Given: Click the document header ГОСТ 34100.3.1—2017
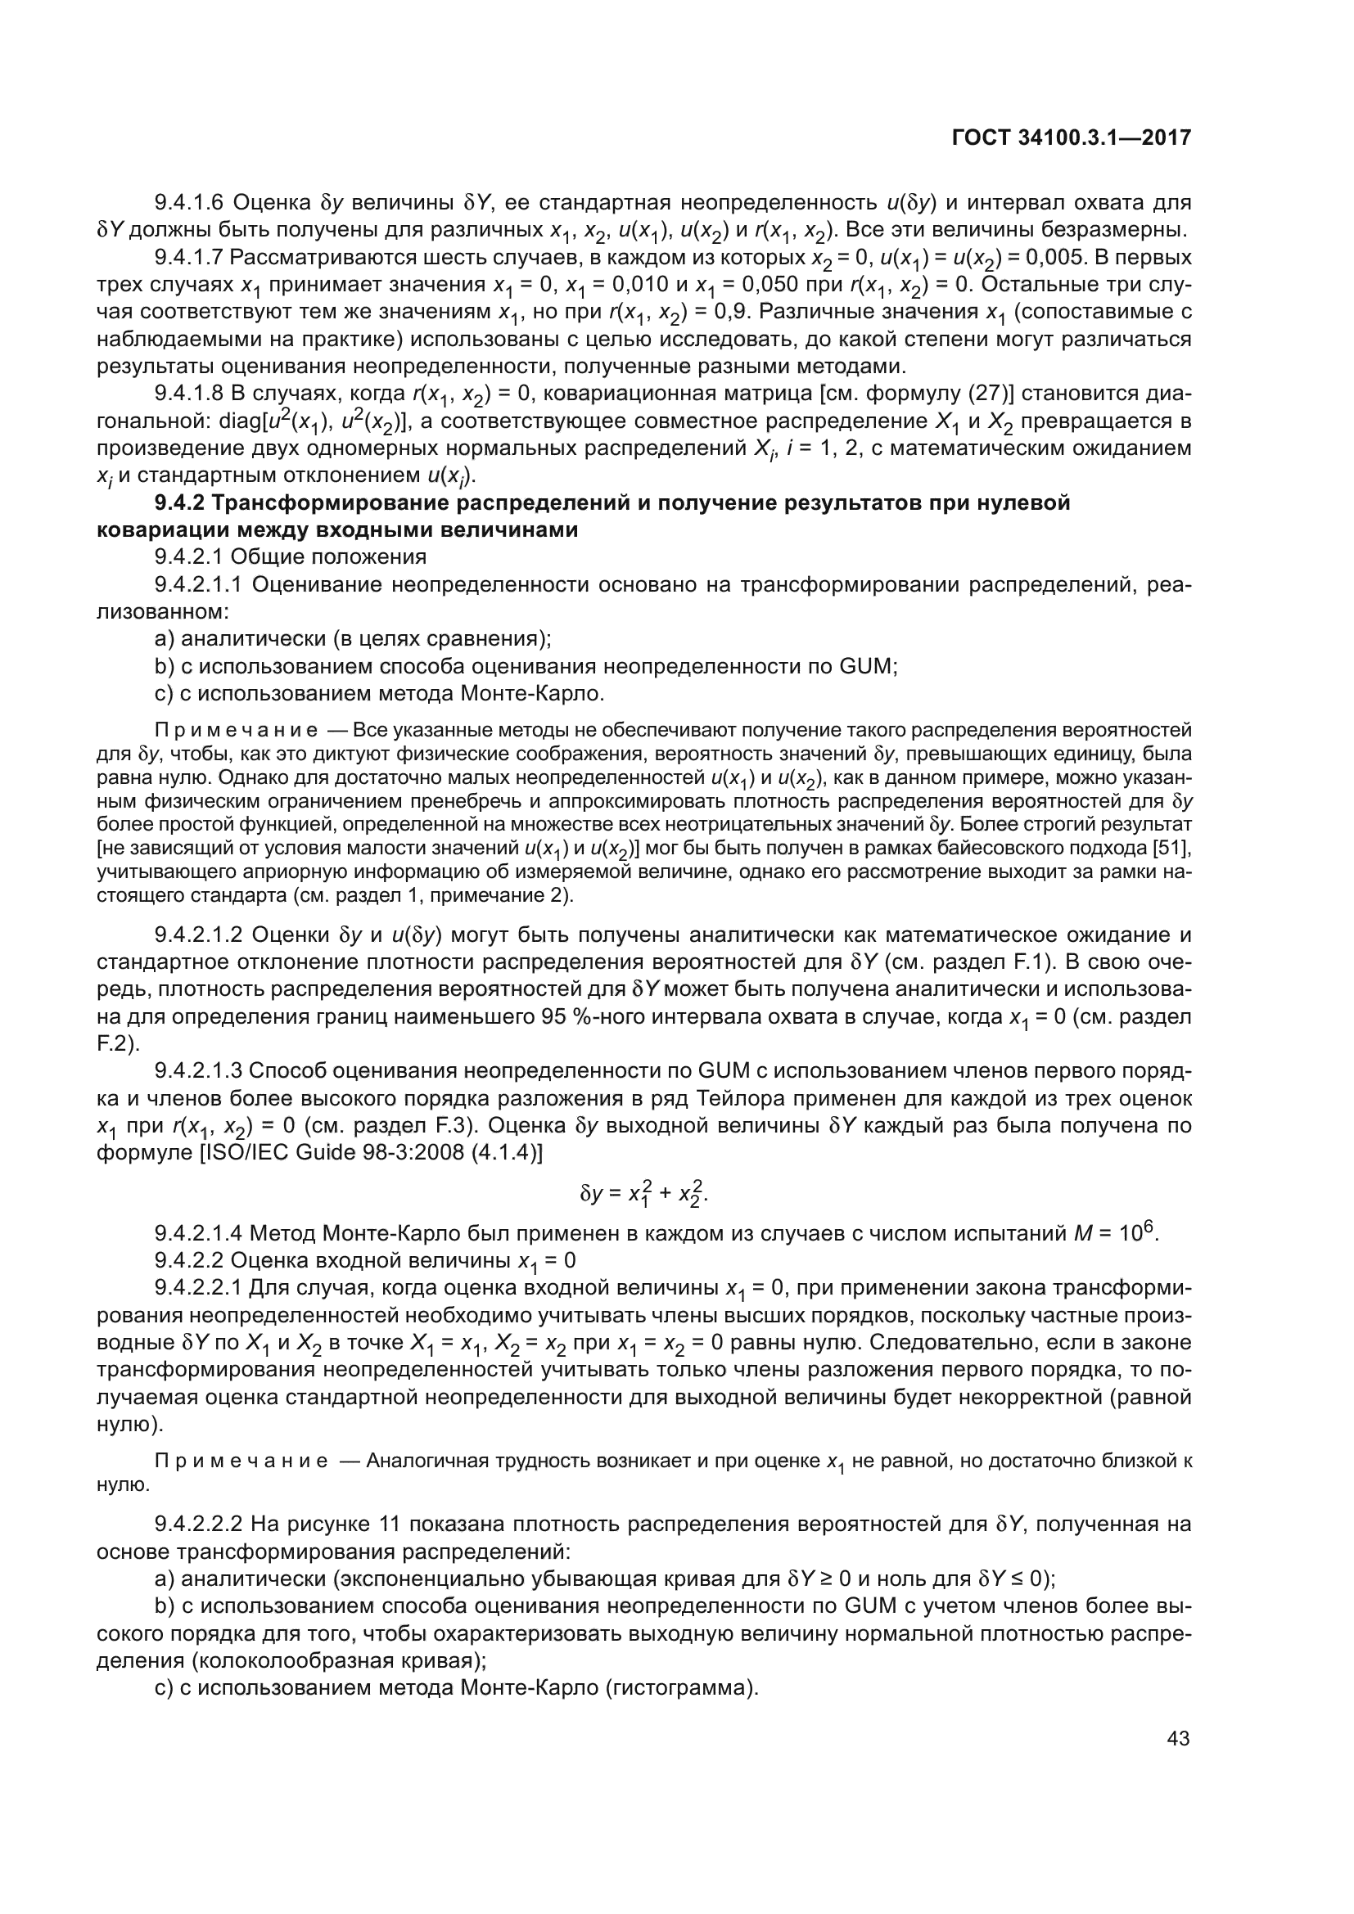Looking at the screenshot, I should [x=1071, y=137].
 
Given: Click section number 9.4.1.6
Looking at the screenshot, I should [x=189, y=203].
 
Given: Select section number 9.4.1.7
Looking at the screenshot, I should [x=189, y=257].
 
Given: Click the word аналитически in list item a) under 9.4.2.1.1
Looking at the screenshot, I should [x=250, y=638].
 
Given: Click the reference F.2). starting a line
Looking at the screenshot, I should [x=119, y=1043].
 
